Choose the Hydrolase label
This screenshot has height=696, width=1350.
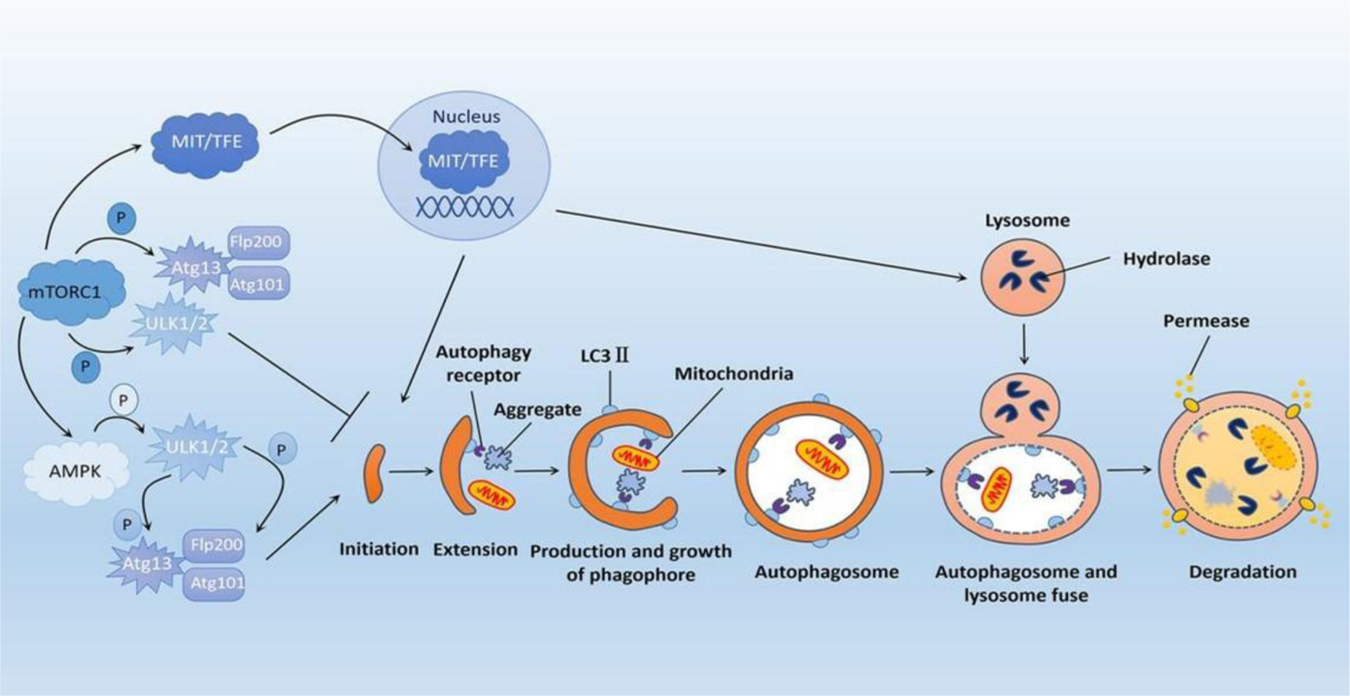(1165, 258)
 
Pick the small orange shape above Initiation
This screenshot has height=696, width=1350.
(374, 472)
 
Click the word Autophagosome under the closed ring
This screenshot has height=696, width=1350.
(825, 572)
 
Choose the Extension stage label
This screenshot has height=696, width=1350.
(476, 550)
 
